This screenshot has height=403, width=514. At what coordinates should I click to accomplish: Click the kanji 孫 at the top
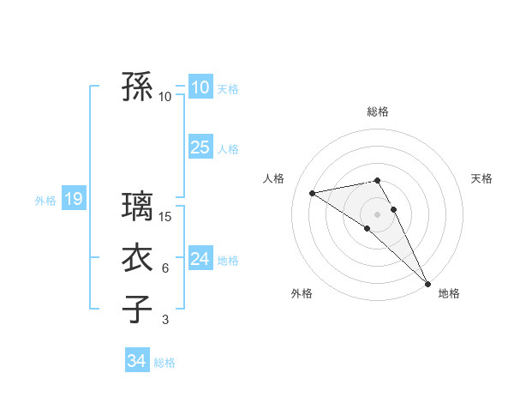(137, 87)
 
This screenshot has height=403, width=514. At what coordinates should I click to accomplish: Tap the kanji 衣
(137, 258)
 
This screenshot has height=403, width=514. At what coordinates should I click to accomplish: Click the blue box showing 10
(200, 87)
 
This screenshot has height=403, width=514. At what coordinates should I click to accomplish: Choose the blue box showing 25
(200, 147)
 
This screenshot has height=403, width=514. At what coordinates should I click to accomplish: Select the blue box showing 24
(200, 258)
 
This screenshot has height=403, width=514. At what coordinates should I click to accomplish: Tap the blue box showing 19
(73, 200)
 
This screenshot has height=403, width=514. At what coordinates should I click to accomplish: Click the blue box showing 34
(136, 361)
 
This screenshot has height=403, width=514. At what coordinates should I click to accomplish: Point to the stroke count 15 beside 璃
(165, 218)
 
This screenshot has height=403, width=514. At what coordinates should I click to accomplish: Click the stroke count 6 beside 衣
(165, 268)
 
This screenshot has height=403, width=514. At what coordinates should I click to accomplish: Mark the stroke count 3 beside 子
(165, 320)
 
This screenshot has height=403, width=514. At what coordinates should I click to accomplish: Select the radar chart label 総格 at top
(378, 111)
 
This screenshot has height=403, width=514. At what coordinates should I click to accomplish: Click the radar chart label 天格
(481, 178)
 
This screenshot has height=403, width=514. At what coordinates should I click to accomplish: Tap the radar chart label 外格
(302, 293)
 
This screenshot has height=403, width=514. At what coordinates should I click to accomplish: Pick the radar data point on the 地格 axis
(427, 282)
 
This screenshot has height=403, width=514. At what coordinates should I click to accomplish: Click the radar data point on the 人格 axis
(313, 193)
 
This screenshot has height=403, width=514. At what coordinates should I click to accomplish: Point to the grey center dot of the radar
(378, 214)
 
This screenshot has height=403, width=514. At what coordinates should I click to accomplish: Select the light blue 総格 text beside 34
(164, 363)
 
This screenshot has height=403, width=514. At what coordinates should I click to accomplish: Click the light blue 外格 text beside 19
(45, 201)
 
